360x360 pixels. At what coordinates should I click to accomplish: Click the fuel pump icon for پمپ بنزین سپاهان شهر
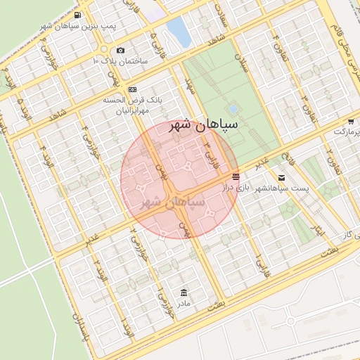tap(76, 15)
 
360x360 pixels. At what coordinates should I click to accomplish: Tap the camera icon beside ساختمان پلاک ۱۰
tap(121, 50)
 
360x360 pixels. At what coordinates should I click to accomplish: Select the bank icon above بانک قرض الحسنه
tap(133, 89)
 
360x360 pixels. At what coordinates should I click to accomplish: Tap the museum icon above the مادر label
tap(184, 292)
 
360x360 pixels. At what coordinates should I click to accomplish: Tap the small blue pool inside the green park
tap(233, 109)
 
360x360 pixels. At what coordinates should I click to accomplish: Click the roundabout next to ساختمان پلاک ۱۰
tap(104, 49)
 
